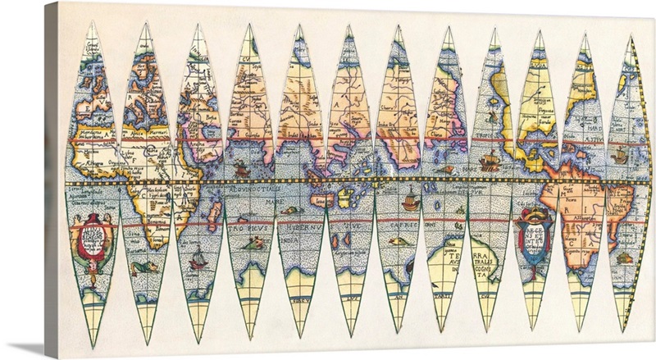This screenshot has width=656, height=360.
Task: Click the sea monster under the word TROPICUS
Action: tap(257, 243)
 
